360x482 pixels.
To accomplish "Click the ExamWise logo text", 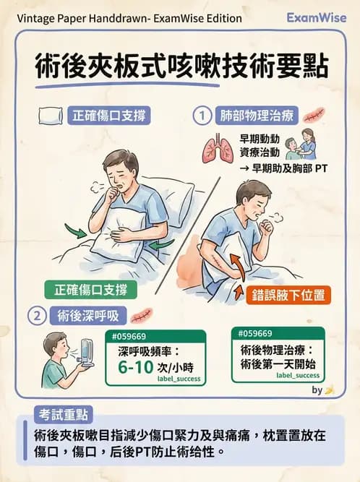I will point(316,17).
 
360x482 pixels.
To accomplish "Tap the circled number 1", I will point(204,115).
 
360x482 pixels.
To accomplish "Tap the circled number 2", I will point(36,315).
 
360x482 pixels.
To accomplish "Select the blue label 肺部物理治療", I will point(251,115).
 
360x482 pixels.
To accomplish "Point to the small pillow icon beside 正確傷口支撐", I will point(51,116).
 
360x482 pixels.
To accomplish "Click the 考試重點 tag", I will point(63,415).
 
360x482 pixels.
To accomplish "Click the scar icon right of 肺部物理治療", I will point(315,115).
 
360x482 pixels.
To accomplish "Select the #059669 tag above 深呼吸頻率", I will point(127,336).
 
